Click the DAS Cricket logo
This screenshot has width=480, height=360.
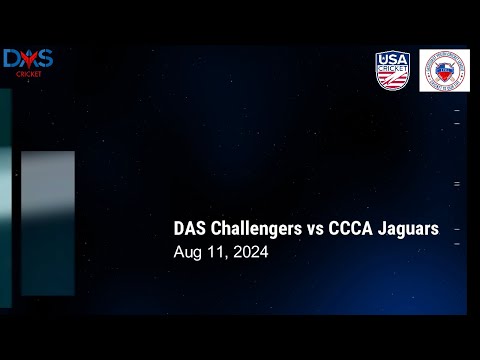tap(28, 62)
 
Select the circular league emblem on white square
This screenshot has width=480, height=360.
tap(443, 71)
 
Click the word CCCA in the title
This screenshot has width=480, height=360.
tap(349, 229)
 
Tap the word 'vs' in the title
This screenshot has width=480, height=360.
tap(315, 229)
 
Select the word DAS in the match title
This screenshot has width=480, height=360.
tap(190, 229)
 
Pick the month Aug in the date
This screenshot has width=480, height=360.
tap(188, 253)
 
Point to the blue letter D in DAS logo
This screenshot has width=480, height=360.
tap(12, 59)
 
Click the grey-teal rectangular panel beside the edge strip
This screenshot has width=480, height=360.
tap(48, 222)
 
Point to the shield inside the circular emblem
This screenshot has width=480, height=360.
tap(443, 71)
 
